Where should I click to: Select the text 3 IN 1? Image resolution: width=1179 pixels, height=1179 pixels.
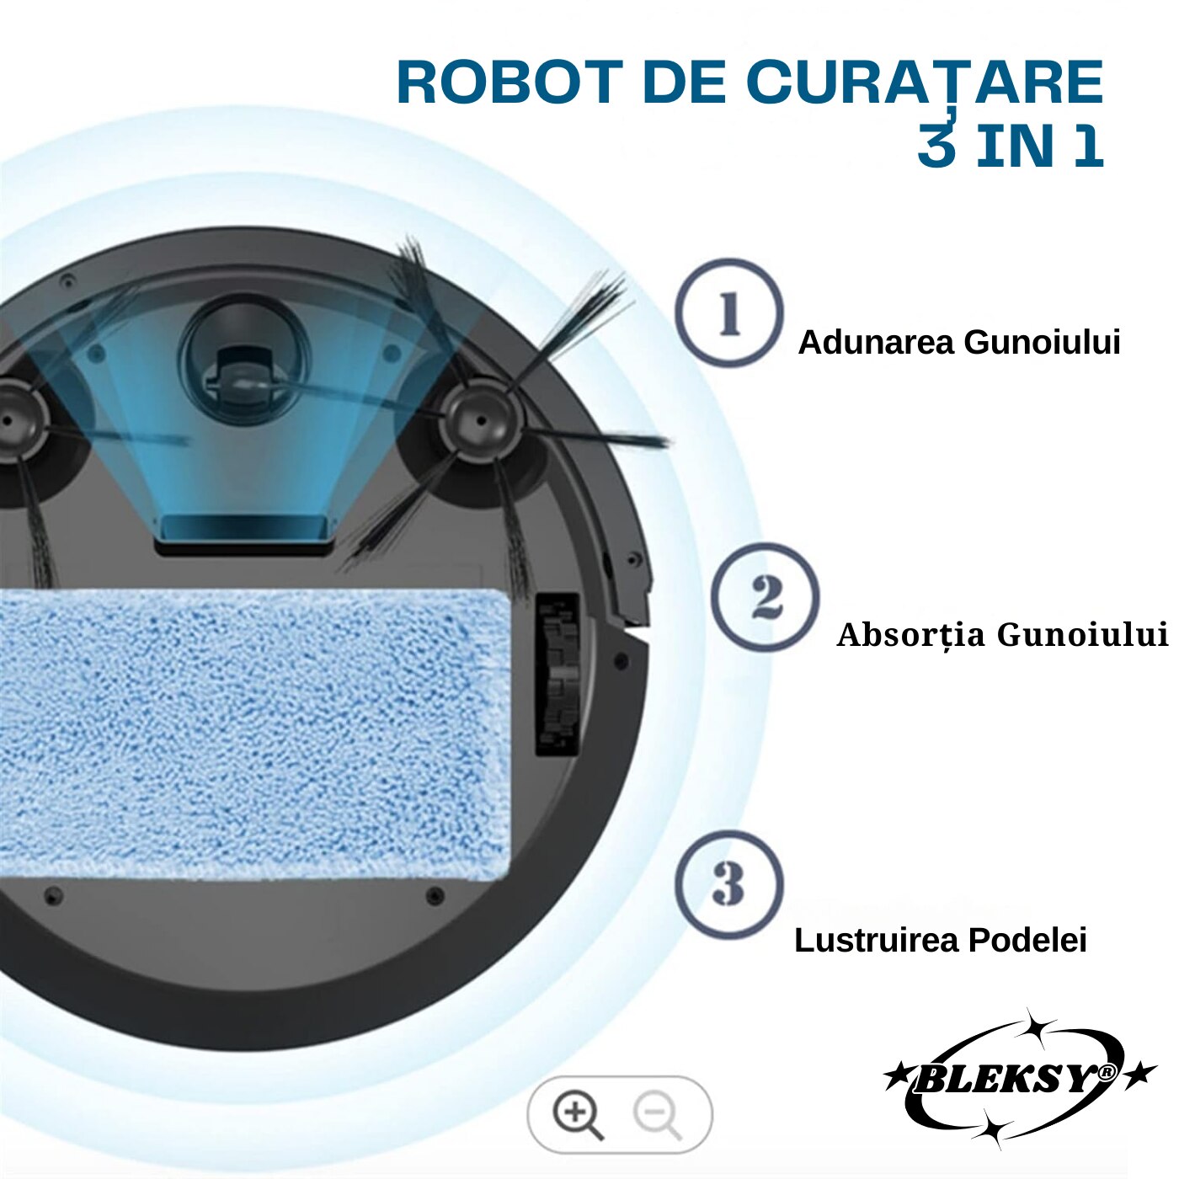(x=1010, y=145)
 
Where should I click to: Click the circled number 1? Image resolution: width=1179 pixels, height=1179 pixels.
(x=729, y=313)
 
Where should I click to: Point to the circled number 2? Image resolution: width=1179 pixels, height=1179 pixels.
(x=765, y=598)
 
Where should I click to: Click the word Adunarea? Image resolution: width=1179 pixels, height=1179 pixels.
(x=876, y=343)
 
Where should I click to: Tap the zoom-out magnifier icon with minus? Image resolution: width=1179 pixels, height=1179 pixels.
(x=658, y=1114)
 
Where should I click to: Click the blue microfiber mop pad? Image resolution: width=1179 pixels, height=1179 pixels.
(x=253, y=733)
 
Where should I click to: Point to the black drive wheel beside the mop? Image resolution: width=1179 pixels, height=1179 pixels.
(x=557, y=674)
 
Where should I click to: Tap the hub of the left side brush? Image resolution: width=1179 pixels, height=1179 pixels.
(x=13, y=421)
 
